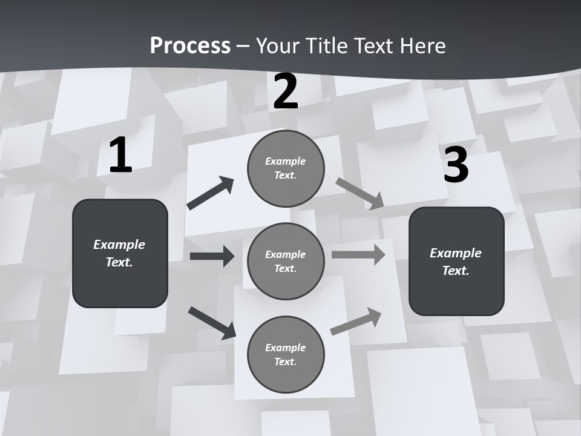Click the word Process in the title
point(190,46)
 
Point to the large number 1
point(120,156)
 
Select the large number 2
point(286,91)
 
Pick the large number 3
point(456,165)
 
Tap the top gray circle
point(286,168)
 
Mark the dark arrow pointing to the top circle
point(211,193)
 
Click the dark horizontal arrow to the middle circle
point(212,256)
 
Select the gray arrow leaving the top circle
point(359,193)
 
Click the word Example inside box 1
point(119,245)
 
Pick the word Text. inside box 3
point(456,271)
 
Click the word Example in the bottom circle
point(285,348)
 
